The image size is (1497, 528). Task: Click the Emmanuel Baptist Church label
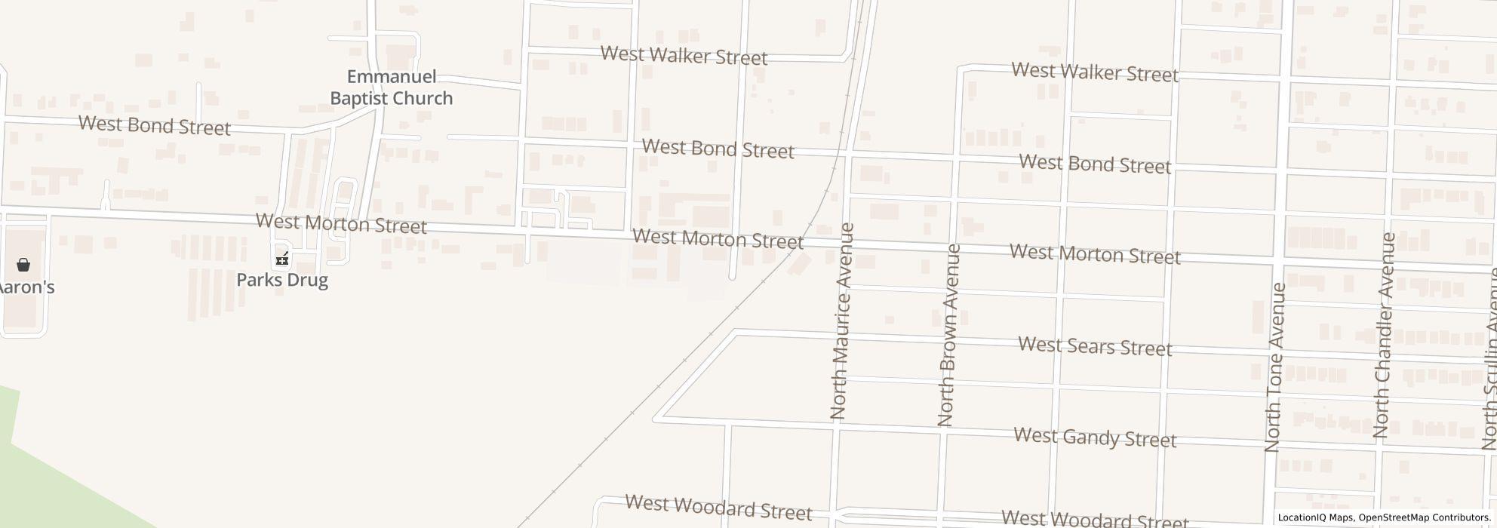point(391,87)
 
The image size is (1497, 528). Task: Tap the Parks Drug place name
point(282,280)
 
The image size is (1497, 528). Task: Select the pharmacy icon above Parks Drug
point(282,259)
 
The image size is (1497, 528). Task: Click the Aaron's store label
point(27,287)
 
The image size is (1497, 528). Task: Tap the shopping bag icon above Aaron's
point(23,265)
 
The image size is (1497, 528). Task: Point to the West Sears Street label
point(1095,346)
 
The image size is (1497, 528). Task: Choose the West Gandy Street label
point(1095,437)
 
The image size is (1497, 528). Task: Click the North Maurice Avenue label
point(841,321)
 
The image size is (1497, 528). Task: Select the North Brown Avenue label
point(948,335)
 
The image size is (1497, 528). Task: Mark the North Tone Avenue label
point(1274,367)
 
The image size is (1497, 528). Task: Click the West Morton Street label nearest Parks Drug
point(341,223)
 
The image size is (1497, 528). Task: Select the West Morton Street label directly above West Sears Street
point(1095,254)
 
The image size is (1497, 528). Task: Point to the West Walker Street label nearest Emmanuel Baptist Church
point(684,56)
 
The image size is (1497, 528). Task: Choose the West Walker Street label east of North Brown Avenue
point(1095,72)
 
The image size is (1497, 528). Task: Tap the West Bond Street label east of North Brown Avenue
point(1095,164)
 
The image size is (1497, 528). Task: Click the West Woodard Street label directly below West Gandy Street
point(1095,520)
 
